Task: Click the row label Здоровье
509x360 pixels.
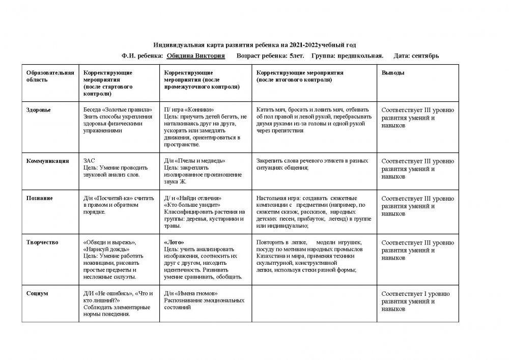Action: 38,110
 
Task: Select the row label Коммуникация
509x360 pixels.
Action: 47,161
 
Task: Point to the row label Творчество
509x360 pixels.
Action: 42,242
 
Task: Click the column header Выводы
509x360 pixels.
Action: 393,73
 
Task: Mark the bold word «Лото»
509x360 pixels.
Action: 174,242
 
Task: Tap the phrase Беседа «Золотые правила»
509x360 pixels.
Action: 117,110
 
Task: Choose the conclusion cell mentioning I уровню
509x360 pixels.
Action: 417,301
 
